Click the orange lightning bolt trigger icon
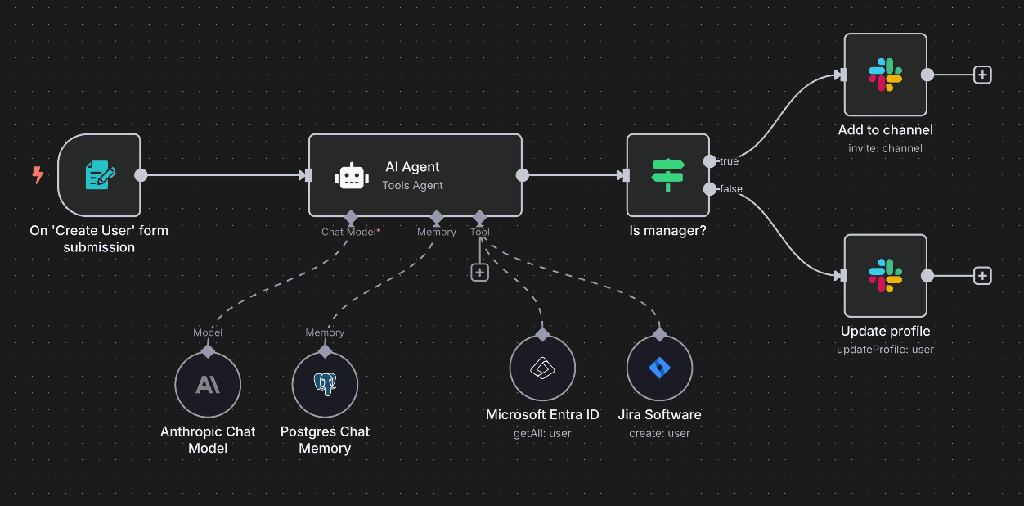(38, 174)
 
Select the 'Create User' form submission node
(99, 175)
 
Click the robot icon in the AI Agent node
(352, 176)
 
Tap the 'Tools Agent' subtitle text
(412, 186)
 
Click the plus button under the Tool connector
(480, 273)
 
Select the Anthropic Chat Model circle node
(208, 385)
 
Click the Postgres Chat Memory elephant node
(325, 385)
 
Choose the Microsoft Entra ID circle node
(542, 368)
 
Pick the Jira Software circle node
(659, 368)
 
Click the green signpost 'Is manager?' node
(667, 175)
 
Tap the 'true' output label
(729, 161)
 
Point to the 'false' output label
(730, 189)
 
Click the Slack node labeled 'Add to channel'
(885, 75)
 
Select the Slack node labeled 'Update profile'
(885, 276)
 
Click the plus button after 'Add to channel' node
(982, 75)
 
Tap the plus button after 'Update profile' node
(982, 276)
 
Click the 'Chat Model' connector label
(348, 232)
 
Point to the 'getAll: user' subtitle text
(542, 433)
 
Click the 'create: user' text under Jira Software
(659, 433)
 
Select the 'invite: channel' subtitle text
(885, 148)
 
